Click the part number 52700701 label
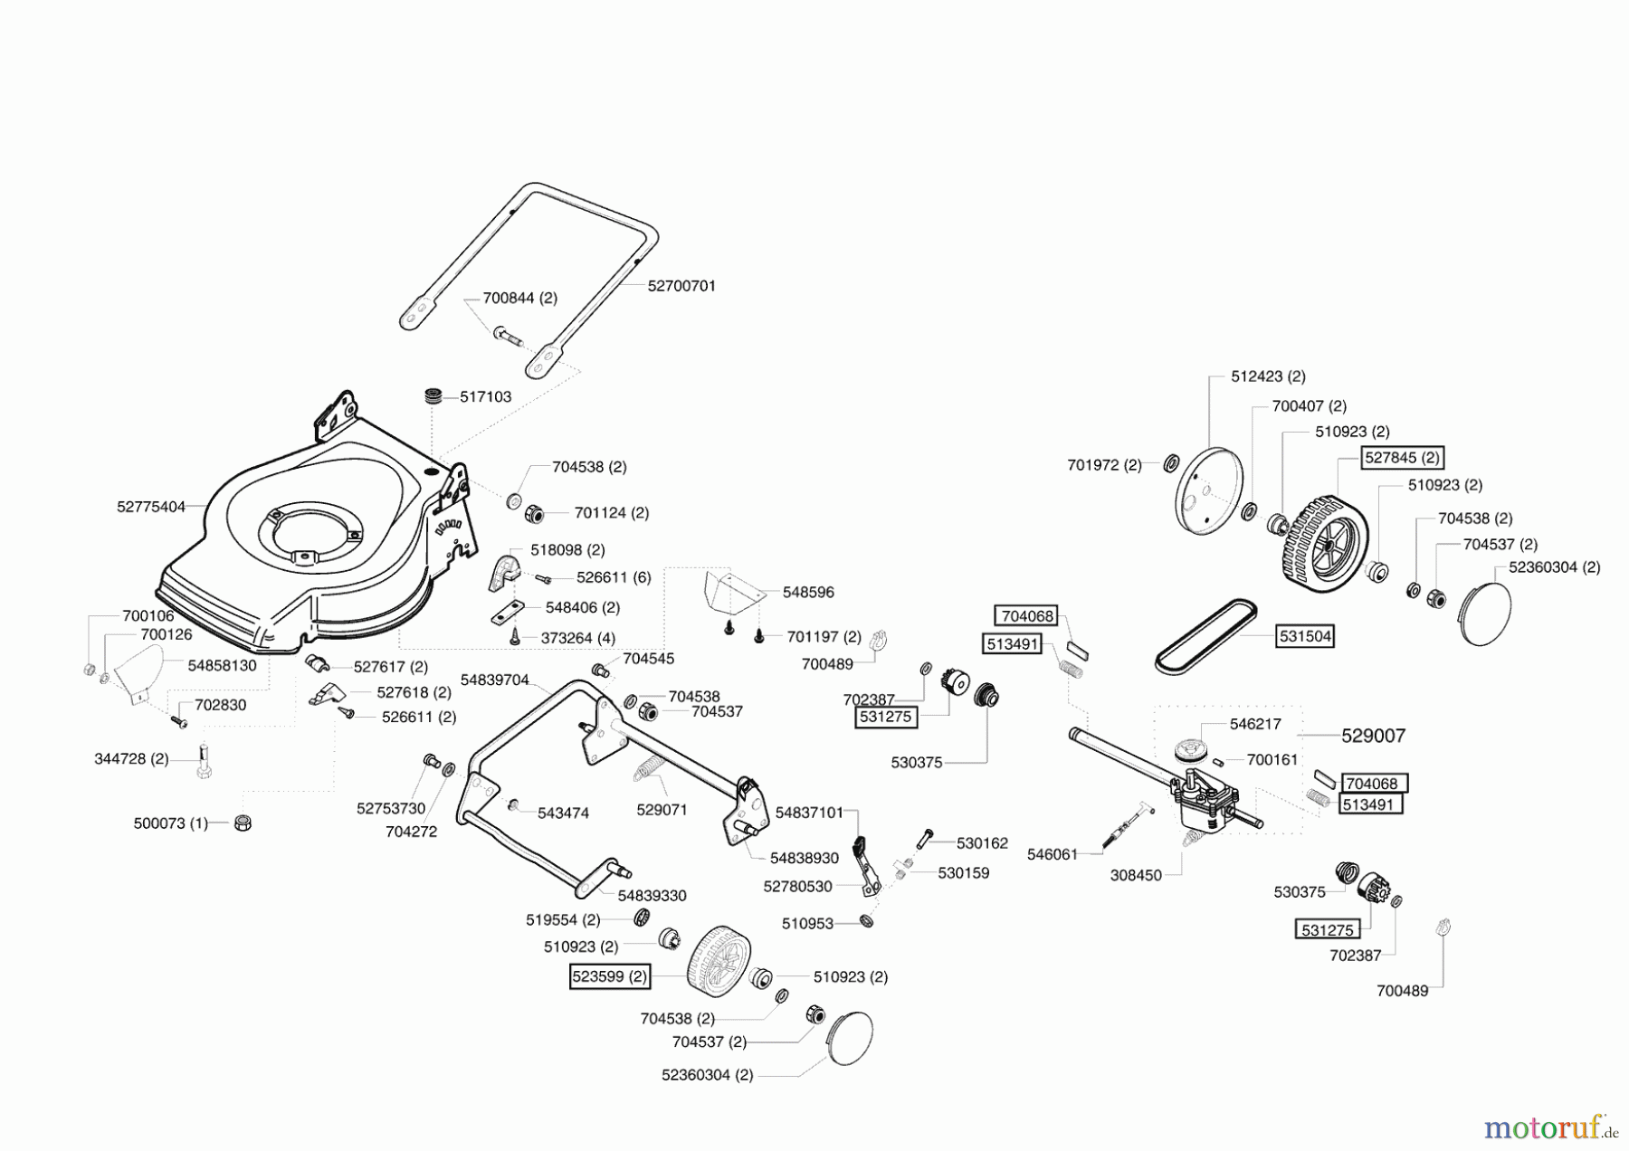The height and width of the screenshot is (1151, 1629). tap(681, 285)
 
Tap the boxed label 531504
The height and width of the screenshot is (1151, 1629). tap(1305, 636)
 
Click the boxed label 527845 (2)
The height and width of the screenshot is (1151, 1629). tap(1402, 458)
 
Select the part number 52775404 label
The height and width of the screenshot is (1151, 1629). tap(150, 507)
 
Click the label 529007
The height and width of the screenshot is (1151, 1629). tap(1373, 736)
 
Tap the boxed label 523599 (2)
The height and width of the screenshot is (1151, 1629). tap(611, 977)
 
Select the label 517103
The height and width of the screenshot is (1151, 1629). tap(485, 396)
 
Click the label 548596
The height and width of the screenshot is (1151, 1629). tap(808, 592)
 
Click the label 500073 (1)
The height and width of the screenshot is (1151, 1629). tap(170, 823)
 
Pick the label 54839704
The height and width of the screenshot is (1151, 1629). tap(494, 679)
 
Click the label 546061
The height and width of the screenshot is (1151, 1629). tap(1053, 854)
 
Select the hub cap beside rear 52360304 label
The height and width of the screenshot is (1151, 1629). tap(1485, 614)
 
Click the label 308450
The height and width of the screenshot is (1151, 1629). tap(1136, 875)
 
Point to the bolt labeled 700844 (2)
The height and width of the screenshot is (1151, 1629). tap(510, 337)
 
